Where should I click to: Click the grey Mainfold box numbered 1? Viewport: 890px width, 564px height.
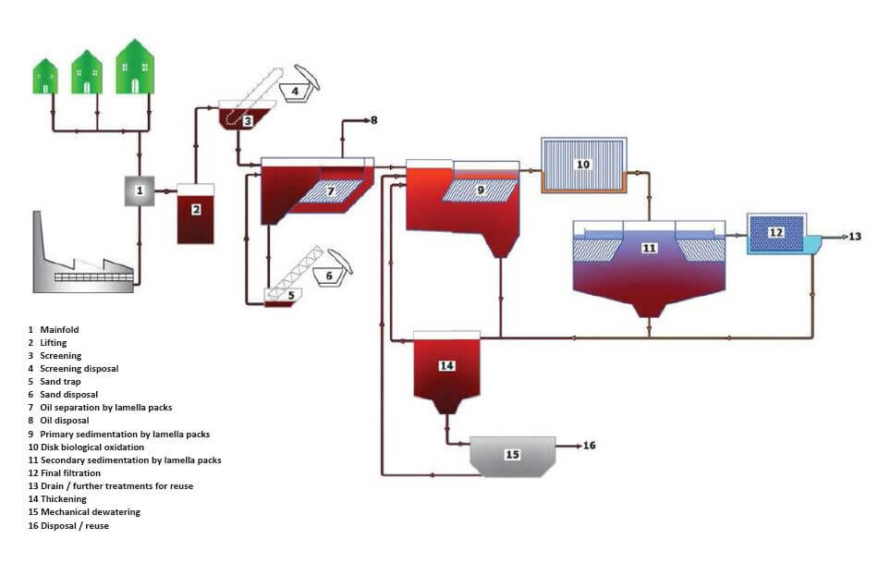[140, 190]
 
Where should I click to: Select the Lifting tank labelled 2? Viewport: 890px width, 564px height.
[196, 215]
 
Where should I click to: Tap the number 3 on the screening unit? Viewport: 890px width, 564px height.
[248, 121]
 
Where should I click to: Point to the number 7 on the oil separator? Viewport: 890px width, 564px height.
[331, 191]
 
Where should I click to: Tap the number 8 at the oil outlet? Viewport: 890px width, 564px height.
[373, 120]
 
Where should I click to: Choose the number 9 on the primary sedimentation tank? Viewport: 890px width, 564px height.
[481, 190]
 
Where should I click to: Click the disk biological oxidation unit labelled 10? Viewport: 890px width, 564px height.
[584, 166]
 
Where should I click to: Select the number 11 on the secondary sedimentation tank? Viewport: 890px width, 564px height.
[649, 248]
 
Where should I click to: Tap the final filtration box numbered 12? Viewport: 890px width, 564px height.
[776, 233]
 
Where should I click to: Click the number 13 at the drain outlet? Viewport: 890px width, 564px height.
[855, 237]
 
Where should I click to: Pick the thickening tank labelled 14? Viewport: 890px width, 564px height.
[446, 372]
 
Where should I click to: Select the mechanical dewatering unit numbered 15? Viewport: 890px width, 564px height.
[513, 456]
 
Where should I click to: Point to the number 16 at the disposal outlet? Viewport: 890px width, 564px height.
[589, 446]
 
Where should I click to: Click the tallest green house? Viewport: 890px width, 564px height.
[135, 67]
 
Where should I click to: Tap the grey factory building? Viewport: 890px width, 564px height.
[83, 259]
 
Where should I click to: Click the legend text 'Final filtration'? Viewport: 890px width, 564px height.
[70, 473]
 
